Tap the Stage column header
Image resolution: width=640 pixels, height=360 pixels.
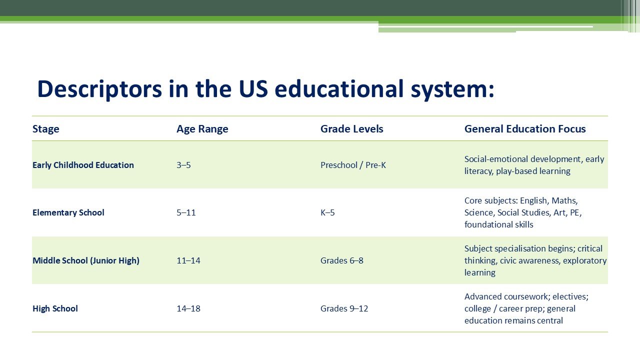pos(46,129)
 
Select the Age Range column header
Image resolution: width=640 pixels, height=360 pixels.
pos(202,129)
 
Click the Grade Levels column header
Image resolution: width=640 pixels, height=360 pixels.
pos(351,129)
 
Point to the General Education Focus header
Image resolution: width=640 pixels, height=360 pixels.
pos(525,129)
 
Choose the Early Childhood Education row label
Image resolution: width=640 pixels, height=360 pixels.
pos(83,165)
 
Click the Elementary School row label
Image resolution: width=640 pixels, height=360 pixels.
pos(68,212)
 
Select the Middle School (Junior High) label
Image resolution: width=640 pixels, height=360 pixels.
pos(86,260)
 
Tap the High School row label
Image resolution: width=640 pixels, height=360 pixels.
pos(55,308)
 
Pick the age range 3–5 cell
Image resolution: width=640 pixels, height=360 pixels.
pos(183,165)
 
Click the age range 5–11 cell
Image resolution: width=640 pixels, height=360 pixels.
pos(186,212)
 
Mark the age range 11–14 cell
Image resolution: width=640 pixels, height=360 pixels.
pos(188,260)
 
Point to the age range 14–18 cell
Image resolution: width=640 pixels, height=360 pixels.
pos(188,308)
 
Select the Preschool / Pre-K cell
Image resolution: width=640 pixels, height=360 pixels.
pos(353,165)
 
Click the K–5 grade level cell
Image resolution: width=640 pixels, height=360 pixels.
pos(327,212)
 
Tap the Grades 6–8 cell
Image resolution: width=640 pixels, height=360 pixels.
pos(342,260)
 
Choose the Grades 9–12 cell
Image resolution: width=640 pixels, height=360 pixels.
pos(344,308)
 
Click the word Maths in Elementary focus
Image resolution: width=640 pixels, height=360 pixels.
pos(564,200)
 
